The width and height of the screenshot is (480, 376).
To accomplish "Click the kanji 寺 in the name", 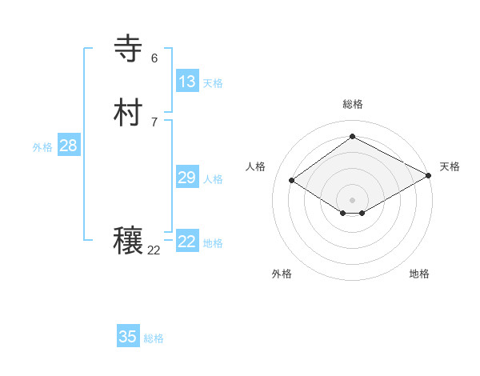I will tap(128, 49).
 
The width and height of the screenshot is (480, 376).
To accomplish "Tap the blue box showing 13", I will tap(186, 82).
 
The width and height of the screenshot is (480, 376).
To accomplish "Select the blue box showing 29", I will tap(186, 178).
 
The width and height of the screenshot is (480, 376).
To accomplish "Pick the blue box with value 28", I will tap(68, 146).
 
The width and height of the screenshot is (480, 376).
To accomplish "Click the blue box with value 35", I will tap(128, 337).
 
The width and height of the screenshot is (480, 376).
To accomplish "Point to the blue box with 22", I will tap(186, 242).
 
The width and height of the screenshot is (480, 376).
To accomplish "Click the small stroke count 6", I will tap(154, 58).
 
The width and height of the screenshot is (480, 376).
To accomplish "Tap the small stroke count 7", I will tap(154, 122).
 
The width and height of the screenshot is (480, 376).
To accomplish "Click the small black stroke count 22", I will tap(154, 250).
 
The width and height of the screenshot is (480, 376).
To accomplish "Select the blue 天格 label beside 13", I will tap(213, 83).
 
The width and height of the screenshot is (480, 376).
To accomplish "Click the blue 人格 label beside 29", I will tap(213, 179).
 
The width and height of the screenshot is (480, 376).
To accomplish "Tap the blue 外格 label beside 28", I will tap(42, 147).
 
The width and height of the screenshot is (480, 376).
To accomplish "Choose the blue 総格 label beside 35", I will tap(154, 338).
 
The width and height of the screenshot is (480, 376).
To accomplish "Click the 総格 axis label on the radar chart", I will tap(352, 105).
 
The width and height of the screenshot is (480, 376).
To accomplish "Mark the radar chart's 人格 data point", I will tap(292, 181).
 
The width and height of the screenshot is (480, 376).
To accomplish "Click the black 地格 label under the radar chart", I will tap(419, 274).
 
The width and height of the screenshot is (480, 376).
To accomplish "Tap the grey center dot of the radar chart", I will tap(352, 200).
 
